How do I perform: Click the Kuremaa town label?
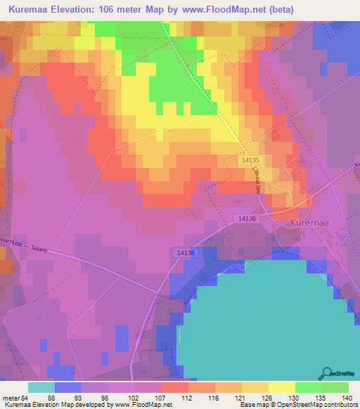click(x=310, y=223)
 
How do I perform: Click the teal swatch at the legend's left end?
click(x=41, y=387)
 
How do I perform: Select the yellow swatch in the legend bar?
click(x=281, y=387)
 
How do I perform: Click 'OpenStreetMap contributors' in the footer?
click(x=324, y=405)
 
